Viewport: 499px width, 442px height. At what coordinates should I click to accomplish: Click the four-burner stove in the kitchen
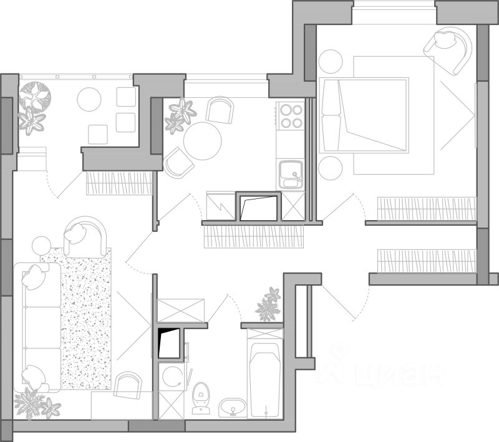[290, 116]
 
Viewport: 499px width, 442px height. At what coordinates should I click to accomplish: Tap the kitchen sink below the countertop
[289, 173]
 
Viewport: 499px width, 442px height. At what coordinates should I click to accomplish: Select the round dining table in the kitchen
[202, 140]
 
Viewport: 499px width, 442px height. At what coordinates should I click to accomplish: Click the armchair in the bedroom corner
[448, 48]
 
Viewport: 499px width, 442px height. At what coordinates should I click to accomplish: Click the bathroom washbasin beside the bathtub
[233, 408]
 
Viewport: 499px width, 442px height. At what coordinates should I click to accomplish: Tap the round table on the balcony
[89, 99]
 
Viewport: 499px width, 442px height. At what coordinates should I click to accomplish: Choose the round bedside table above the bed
[331, 62]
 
